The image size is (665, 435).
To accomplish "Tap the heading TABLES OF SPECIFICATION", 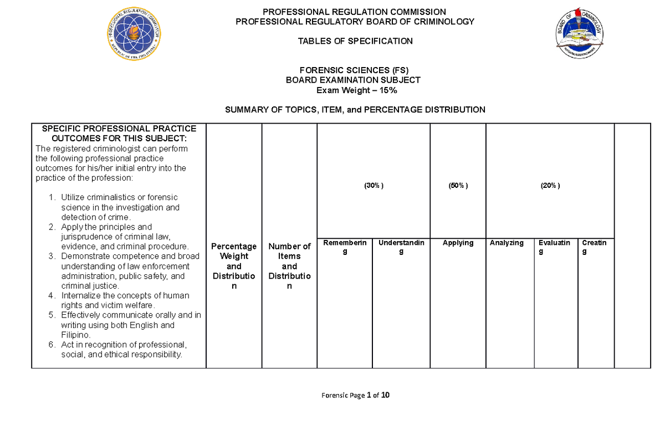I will point(355,40).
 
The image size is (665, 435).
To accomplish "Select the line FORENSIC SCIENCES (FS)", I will point(354,70).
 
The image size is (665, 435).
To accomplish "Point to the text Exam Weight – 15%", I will point(354,90).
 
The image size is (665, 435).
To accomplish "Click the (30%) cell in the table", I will point(374,186).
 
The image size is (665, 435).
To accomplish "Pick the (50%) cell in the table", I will point(458,186).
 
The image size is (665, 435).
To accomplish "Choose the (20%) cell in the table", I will point(550,186).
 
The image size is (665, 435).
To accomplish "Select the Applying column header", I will point(458,243).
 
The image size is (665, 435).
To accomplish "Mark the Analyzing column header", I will point(507,243).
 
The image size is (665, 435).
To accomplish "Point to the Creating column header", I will point(594,247).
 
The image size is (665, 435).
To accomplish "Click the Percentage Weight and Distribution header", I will point(234,266).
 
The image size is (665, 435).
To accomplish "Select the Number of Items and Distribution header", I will point(289,266).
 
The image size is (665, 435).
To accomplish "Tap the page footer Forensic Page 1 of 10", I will point(355,395).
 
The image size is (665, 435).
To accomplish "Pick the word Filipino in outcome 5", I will point(76,335).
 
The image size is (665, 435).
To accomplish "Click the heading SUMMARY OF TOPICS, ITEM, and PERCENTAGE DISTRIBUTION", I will point(355,110).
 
